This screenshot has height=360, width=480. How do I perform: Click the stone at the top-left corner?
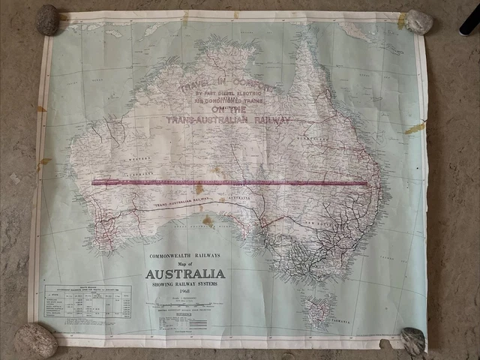pos(47,19)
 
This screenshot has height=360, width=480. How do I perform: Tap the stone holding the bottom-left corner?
pos(35,340)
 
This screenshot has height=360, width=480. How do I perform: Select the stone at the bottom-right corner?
pos(412,341)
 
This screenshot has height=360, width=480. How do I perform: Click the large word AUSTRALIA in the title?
pos(185,274)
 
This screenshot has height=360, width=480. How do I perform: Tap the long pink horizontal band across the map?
pos(229,182)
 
